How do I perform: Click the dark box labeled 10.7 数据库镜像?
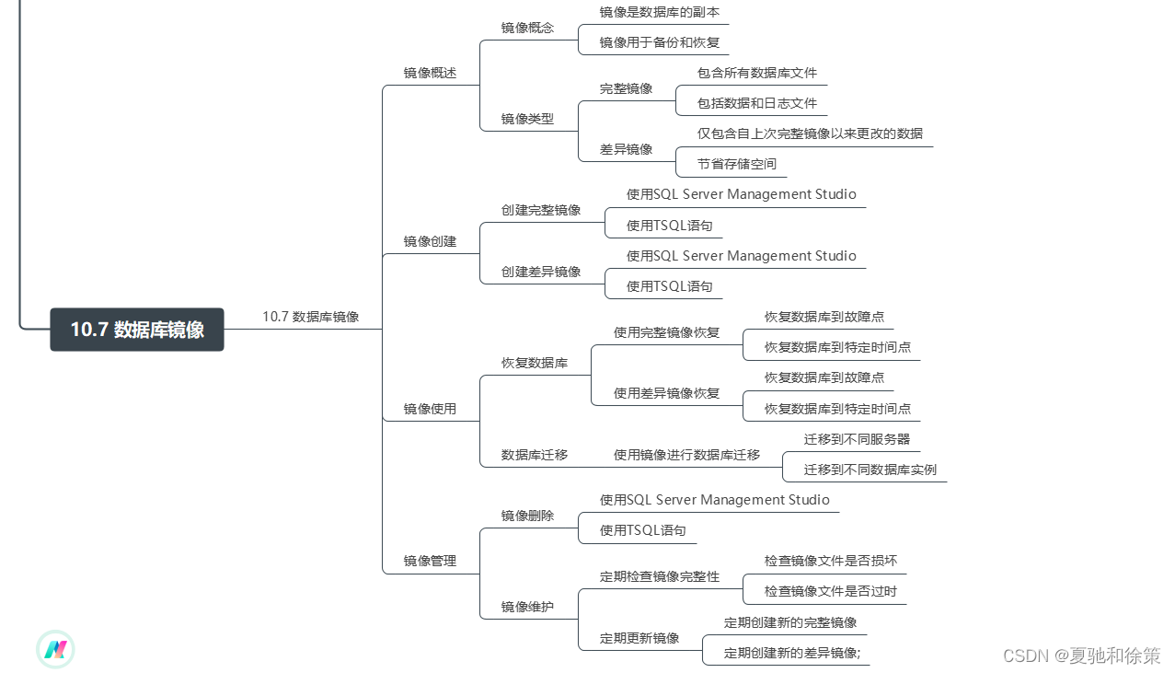[137, 330]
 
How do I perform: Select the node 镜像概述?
[430, 73]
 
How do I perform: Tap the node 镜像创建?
[430, 241]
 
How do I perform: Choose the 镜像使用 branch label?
[430, 409]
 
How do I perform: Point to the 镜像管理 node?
[430, 561]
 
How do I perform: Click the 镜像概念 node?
[527, 28]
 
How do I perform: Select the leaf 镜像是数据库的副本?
[659, 12]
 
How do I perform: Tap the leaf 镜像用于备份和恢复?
[659, 42]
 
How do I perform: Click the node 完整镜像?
[626, 88]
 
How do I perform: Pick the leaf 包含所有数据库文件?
[756, 73]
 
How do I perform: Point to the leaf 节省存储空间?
[736, 164]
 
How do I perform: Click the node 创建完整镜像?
[540, 210]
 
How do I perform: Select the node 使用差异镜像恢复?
[666, 393]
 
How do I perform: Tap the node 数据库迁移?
[534, 455]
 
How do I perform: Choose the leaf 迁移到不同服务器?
[857, 439]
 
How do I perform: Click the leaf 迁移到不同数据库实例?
[870, 470]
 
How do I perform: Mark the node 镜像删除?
[527, 516]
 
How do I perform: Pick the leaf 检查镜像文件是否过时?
[830, 591]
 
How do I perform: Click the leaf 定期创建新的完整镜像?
[789, 622]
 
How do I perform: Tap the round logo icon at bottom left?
[55, 650]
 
